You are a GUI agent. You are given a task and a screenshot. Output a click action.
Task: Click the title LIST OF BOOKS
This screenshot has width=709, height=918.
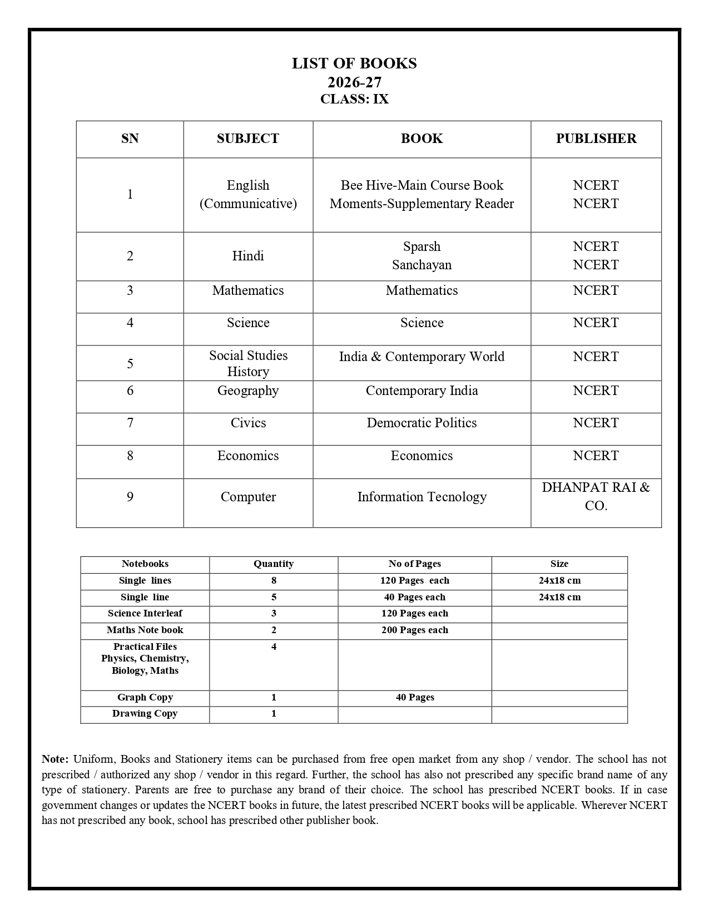354,63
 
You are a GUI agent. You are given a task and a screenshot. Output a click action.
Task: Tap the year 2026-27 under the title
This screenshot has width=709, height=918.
354,82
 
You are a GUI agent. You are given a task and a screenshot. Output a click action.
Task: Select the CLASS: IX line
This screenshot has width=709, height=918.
354,100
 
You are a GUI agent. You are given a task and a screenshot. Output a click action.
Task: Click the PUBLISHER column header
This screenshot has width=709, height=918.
596,139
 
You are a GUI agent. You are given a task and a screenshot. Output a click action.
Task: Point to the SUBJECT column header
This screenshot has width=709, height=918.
247,139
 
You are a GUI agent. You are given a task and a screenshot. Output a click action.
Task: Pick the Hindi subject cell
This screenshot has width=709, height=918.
247,256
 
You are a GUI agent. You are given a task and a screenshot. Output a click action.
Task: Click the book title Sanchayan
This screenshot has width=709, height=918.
422,265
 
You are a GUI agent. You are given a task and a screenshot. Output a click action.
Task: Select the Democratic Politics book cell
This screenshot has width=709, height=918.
422,423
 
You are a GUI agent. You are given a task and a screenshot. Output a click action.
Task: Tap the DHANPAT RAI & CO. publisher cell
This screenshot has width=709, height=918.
596,496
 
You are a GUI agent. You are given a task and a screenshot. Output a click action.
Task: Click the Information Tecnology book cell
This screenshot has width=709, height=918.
422,497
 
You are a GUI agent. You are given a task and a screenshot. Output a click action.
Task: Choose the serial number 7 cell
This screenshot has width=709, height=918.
130,423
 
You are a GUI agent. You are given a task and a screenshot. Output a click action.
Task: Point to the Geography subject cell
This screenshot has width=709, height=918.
247,391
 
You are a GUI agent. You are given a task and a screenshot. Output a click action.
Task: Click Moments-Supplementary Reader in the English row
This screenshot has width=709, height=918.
422,204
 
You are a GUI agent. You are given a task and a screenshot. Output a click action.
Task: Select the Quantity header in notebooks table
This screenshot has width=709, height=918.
273,564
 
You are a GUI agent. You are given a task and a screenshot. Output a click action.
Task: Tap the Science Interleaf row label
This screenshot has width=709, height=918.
145,613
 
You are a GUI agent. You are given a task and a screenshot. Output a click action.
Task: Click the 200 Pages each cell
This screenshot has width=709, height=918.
414,630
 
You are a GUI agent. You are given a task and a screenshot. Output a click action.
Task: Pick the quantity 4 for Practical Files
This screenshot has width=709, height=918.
273,646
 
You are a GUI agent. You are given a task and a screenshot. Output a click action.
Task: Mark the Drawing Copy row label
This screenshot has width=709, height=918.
145,713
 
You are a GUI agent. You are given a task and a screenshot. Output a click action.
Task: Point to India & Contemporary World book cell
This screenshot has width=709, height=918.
422,357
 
